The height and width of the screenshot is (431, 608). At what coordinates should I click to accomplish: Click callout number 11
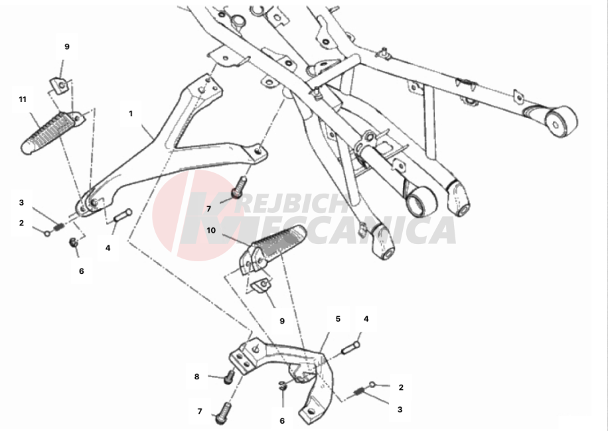click(23, 99)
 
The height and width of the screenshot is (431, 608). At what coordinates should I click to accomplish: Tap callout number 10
click(211, 230)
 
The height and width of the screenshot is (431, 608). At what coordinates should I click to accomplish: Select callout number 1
click(131, 113)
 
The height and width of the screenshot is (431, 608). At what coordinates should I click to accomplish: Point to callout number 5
click(338, 319)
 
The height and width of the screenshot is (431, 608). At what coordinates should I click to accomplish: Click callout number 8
click(196, 377)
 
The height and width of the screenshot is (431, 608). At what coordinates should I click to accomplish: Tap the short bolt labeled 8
click(230, 376)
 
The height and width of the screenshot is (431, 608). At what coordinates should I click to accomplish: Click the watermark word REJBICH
click(292, 204)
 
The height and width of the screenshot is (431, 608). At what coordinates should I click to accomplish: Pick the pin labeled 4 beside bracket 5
click(350, 347)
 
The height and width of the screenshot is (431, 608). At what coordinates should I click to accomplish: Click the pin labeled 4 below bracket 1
click(123, 215)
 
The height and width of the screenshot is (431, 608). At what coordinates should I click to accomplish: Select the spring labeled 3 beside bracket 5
click(359, 393)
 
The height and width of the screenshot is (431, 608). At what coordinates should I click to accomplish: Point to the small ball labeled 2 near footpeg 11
click(47, 234)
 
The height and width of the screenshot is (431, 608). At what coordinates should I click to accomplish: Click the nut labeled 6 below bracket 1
click(74, 243)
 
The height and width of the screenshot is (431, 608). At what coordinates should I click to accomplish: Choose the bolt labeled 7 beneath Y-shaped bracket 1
click(239, 187)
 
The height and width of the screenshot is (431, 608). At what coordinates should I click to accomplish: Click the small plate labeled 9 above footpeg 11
click(60, 87)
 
